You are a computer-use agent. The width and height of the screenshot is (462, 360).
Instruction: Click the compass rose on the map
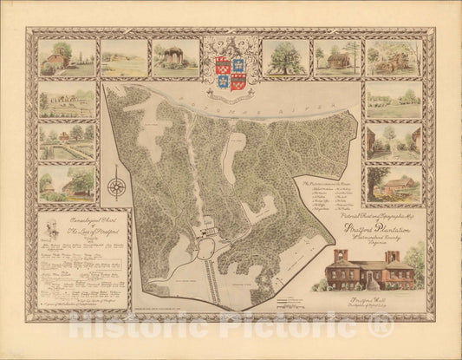(x=116, y=186)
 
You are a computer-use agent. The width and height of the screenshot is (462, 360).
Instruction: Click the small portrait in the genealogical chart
(x=51, y=234)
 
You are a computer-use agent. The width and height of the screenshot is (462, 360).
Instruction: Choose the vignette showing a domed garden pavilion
(x=176, y=57)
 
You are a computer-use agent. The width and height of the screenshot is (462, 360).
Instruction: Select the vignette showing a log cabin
(x=337, y=57)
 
